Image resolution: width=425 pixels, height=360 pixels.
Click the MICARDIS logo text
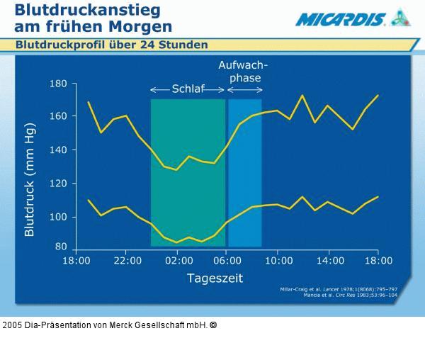(x=341, y=18)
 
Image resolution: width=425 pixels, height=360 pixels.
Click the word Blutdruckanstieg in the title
(x=87, y=10)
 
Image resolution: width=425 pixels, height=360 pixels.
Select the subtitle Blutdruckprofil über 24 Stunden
(x=112, y=45)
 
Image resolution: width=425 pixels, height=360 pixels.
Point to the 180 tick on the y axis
(x=57, y=84)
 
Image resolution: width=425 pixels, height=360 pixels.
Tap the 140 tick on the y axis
(x=57, y=150)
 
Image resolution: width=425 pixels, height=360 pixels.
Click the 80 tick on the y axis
(x=60, y=247)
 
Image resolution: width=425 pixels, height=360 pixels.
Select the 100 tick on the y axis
(x=57, y=217)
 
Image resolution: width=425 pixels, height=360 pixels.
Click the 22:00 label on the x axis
(x=126, y=260)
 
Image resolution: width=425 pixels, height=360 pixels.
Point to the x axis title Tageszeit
(x=215, y=278)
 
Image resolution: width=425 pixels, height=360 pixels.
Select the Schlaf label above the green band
(x=187, y=89)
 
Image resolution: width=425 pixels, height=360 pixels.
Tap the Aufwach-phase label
(x=244, y=71)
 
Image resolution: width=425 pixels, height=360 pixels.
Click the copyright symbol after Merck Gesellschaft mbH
(x=213, y=325)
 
